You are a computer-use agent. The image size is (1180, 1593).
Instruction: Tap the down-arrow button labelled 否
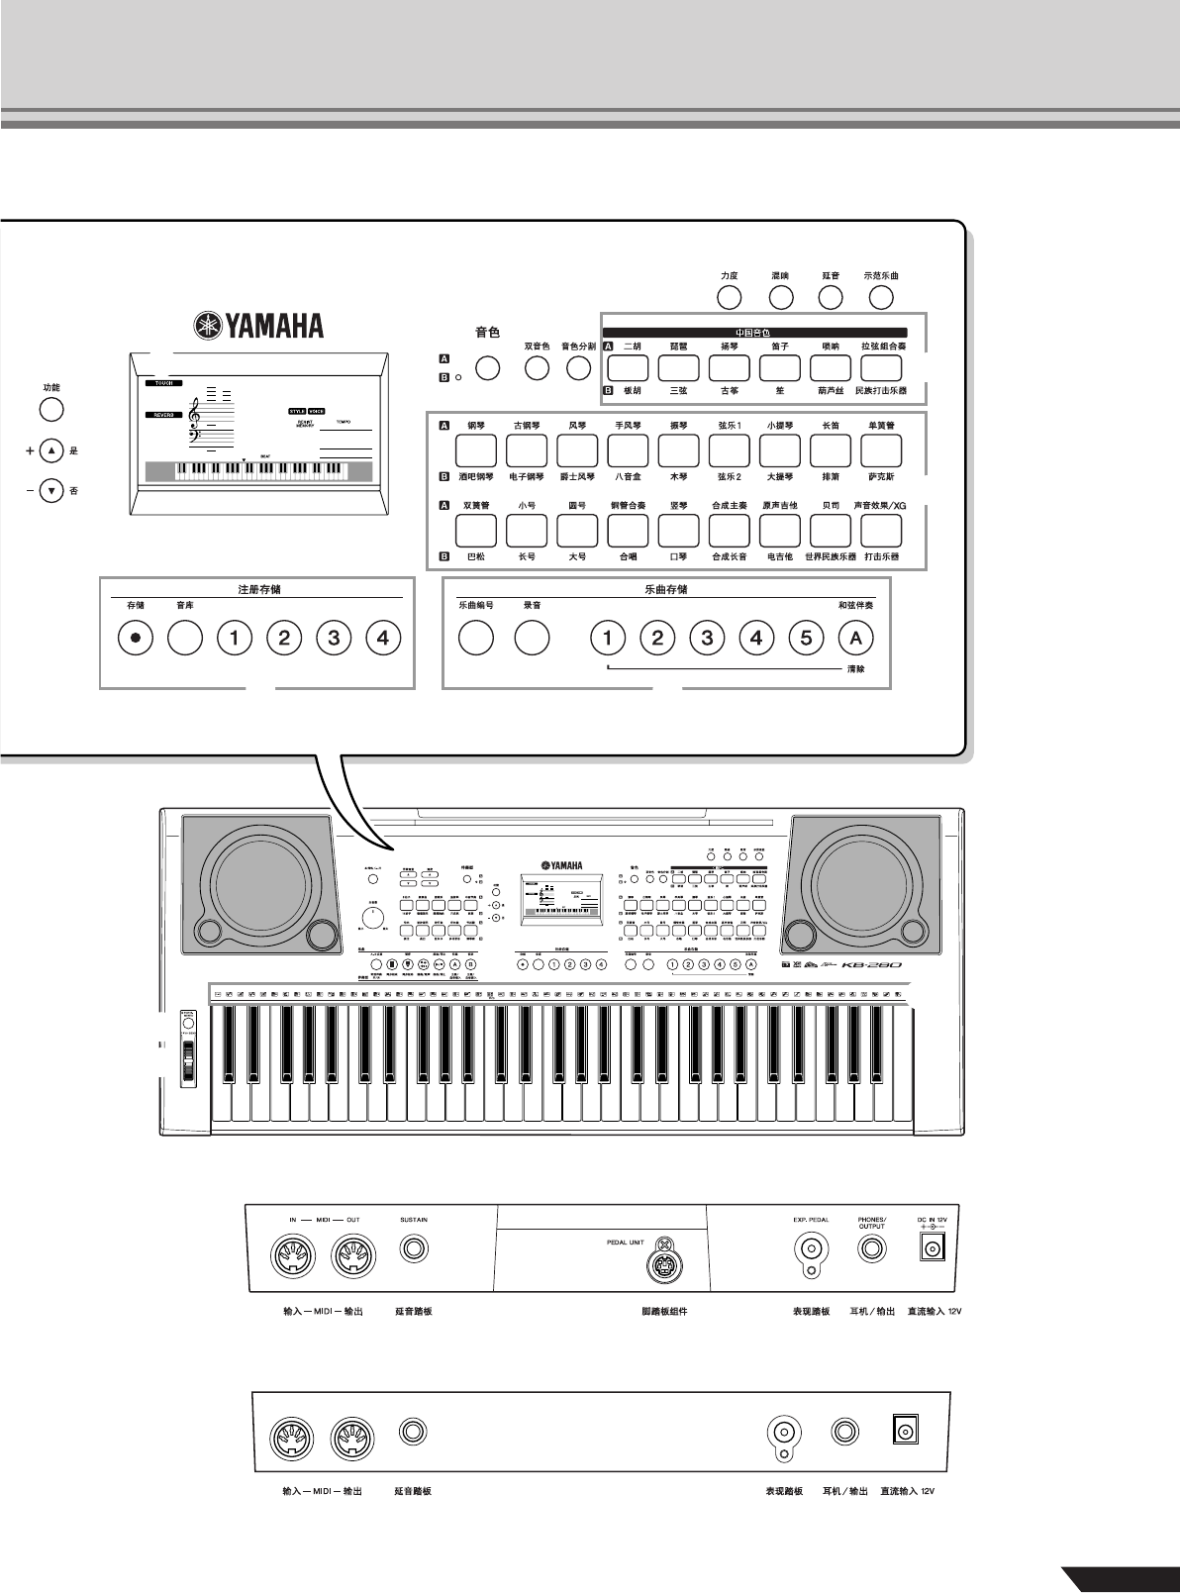click(x=51, y=490)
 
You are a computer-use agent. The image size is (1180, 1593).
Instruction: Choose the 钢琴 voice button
click(x=475, y=451)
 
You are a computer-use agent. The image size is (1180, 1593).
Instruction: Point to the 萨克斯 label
click(x=880, y=477)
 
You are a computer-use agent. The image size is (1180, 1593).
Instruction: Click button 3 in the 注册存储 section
click(x=334, y=639)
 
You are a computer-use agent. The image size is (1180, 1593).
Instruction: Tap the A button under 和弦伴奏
click(x=856, y=639)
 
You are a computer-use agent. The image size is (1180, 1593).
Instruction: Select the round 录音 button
click(x=532, y=639)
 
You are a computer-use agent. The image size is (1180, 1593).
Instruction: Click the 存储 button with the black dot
click(x=136, y=639)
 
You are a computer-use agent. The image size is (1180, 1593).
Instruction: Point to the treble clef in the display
click(x=196, y=414)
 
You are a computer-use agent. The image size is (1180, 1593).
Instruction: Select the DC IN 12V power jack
click(x=932, y=1249)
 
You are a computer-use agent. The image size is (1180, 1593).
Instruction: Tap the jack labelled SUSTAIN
click(x=414, y=1249)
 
